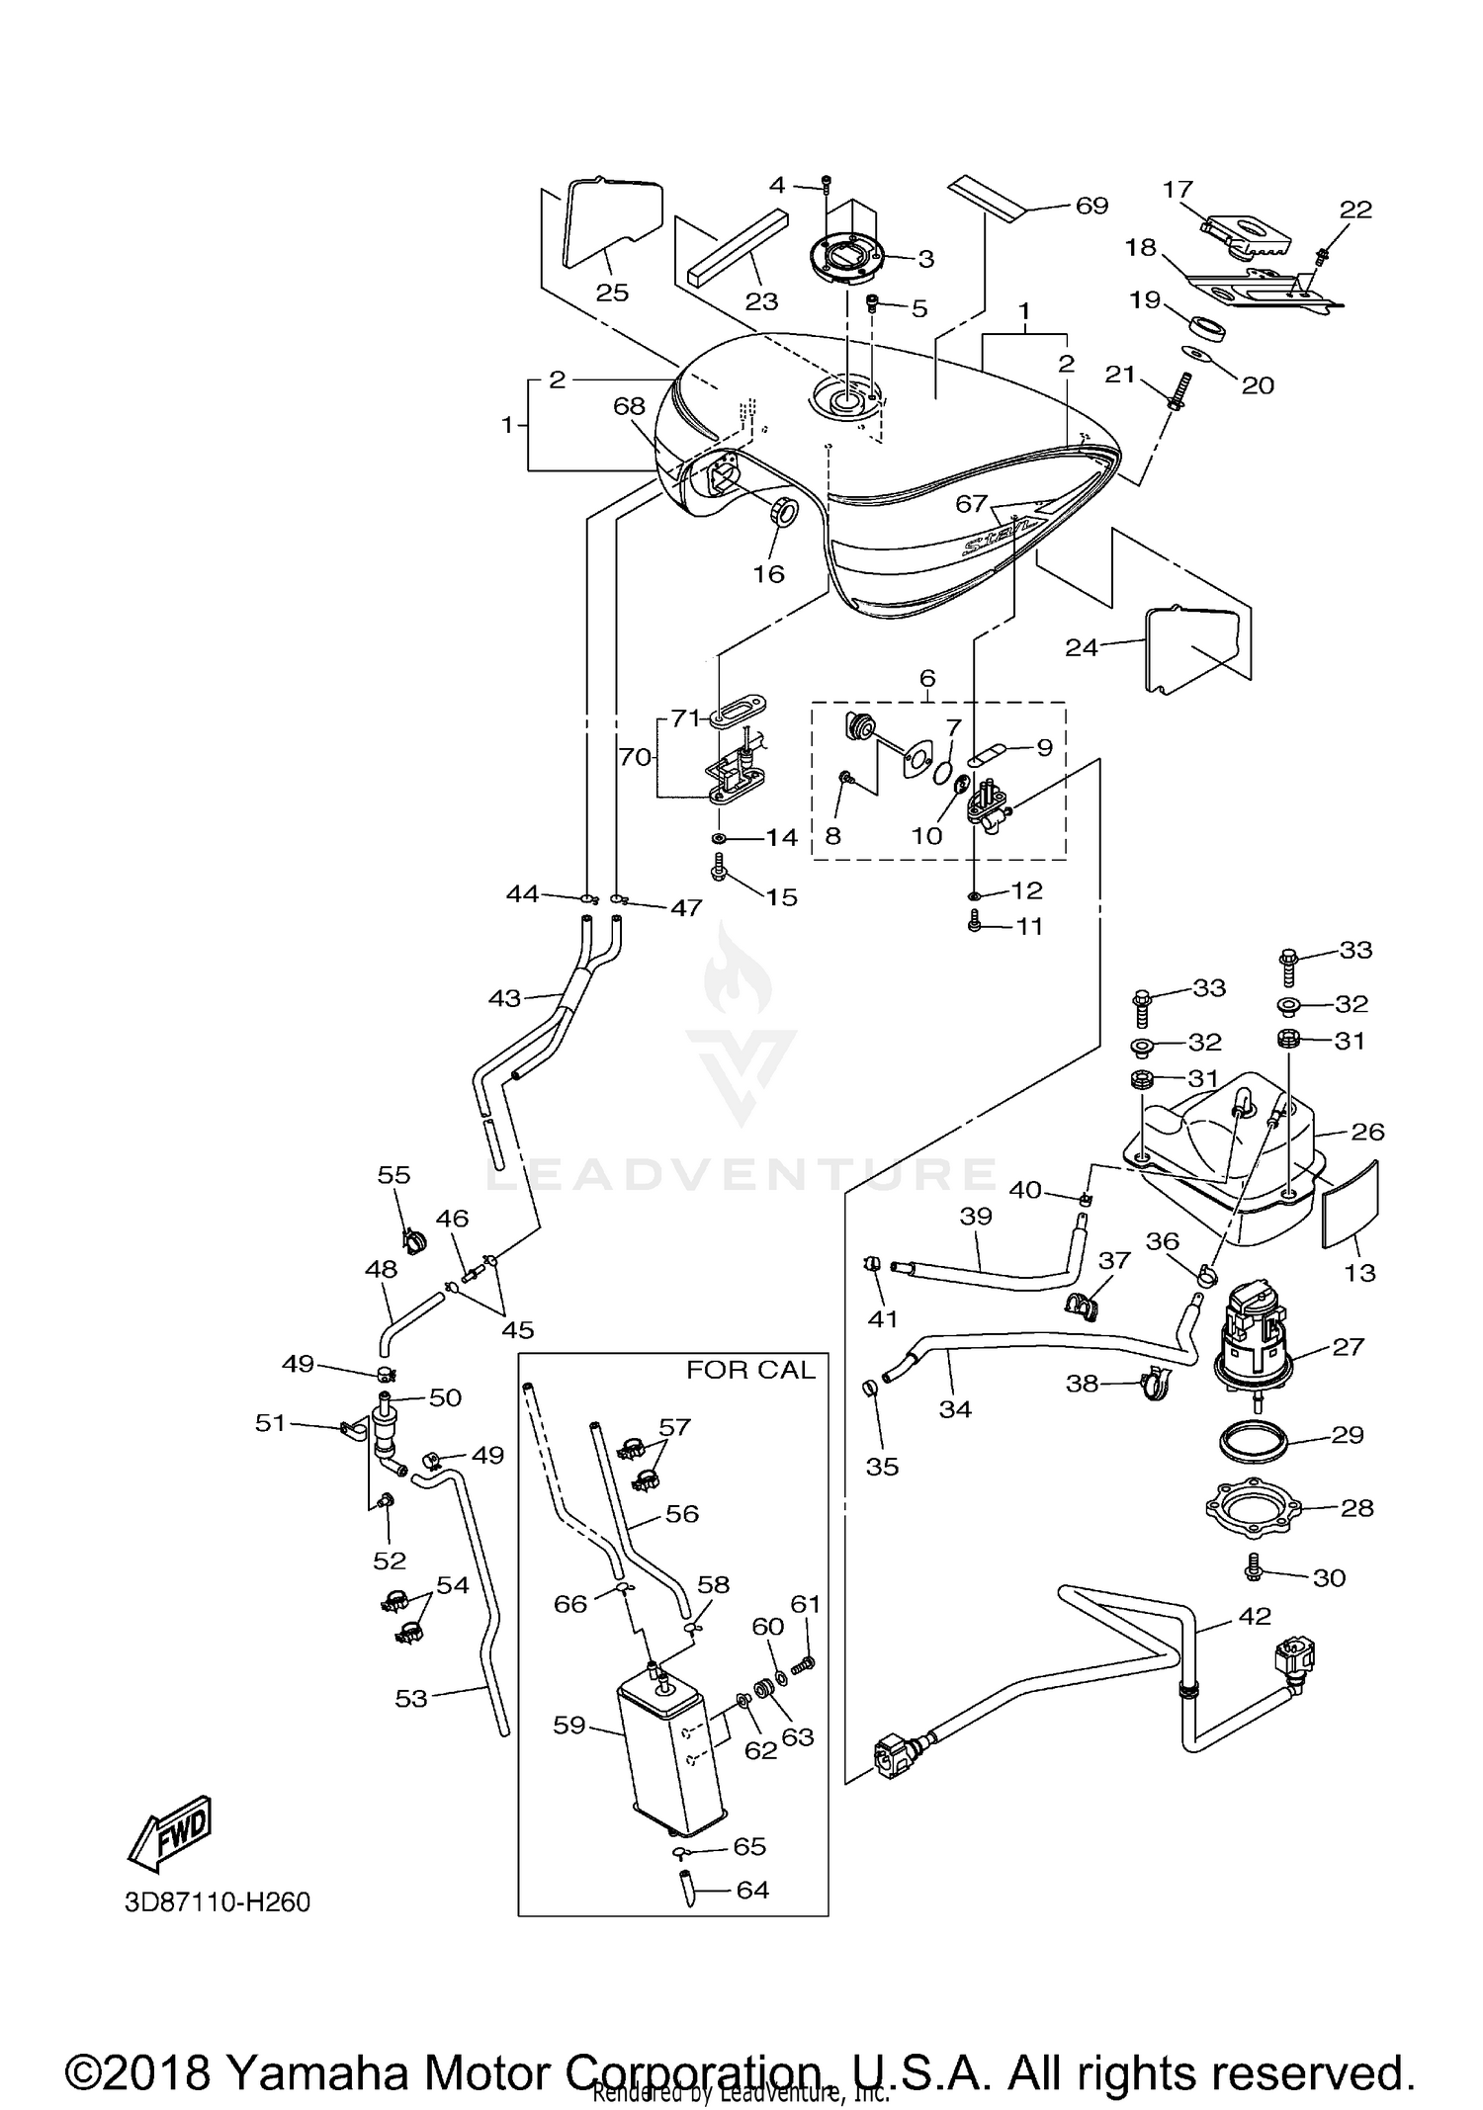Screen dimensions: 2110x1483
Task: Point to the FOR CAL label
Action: coord(751,1370)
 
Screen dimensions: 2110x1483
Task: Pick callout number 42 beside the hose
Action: coord(1255,1618)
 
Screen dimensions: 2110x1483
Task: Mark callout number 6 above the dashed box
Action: coord(926,678)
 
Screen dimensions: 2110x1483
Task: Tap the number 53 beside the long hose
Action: coord(410,1698)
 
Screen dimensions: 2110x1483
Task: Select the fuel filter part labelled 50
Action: coord(387,1431)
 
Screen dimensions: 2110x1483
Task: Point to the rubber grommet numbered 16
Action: coord(784,513)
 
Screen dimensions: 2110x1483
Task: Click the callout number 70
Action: coord(635,757)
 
